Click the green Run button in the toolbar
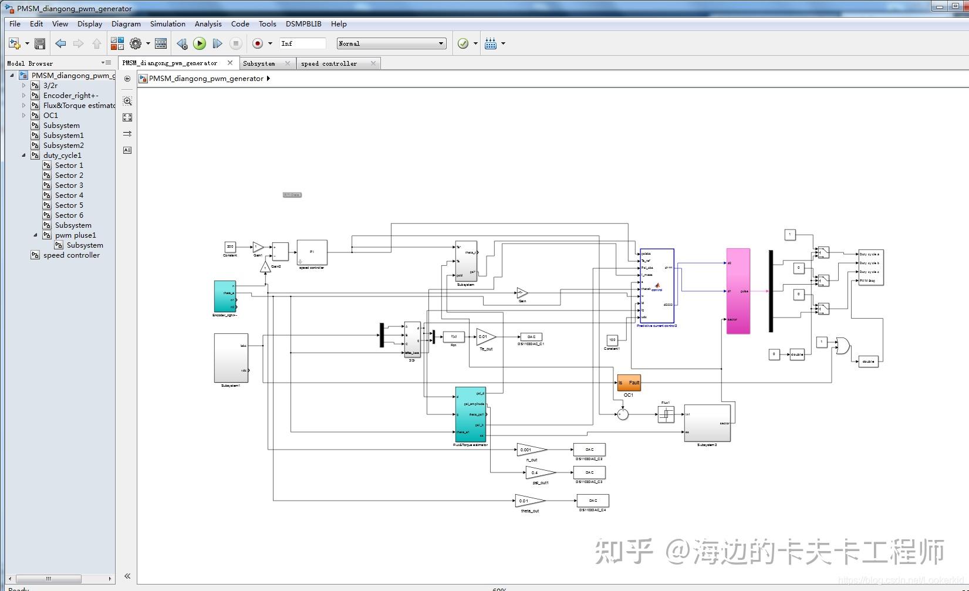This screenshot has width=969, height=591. [x=200, y=43]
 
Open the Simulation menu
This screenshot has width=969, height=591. [x=167, y=24]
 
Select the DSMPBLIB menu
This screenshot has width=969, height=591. [x=303, y=24]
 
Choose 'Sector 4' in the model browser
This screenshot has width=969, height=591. [x=69, y=195]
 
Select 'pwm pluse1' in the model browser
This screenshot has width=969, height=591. [x=75, y=235]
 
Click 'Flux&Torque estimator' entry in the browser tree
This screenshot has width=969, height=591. [x=79, y=106]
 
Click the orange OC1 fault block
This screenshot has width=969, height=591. [x=629, y=383]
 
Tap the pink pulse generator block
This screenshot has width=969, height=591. [x=738, y=291]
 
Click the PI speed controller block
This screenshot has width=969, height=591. [x=312, y=252]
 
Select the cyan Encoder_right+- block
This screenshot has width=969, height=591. [x=225, y=296]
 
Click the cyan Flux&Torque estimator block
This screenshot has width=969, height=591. [x=470, y=414]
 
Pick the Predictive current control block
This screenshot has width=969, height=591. [x=657, y=285]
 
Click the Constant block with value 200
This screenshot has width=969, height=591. [x=230, y=247]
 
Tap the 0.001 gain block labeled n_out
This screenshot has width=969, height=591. [x=531, y=450]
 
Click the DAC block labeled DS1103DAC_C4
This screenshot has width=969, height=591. [x=593, y=501]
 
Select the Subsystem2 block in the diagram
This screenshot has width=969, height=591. [x=707, y=423]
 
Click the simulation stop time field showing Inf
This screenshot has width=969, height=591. [x=302, y=43]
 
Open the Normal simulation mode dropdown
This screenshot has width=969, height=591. [x=391, y=43]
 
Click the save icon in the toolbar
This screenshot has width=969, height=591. [x=40, y=43]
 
